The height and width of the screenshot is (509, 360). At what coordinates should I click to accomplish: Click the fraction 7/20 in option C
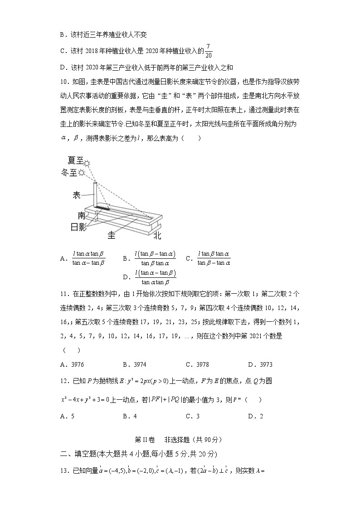[x=208, y=51]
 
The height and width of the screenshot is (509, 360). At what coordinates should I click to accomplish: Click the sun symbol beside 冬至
[x=82, y=173]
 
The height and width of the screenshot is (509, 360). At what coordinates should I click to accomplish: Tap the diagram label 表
[x=77, y=195]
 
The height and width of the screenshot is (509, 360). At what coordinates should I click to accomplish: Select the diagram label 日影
[x=78, y=227]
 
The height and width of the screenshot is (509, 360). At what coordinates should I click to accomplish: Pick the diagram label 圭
[x=111, y=235]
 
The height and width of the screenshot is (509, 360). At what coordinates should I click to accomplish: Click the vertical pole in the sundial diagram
[x=95, y=194]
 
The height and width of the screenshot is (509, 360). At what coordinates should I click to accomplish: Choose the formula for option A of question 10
[x=89, y=258]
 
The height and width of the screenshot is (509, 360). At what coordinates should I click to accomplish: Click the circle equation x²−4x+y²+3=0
[x=86, y=400]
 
